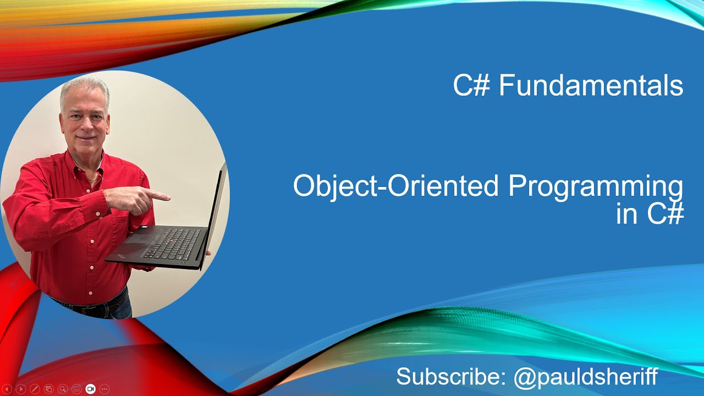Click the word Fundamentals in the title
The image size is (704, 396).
point(591,86)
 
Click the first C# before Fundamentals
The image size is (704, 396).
point(471,86)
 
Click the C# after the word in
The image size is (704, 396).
point(665,214)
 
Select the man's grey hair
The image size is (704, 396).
point(85,88)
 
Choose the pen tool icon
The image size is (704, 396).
point(34,389)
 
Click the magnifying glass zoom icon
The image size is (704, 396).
point(62,389)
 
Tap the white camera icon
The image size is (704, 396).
point(90,389)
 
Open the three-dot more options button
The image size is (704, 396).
point(105,389)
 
